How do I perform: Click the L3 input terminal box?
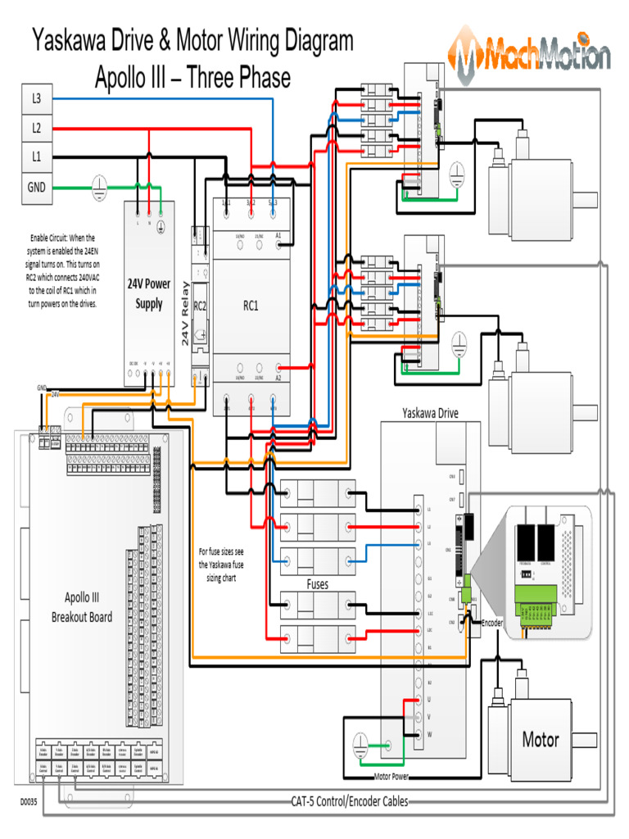pos(36,98)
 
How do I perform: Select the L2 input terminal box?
pos(36,128)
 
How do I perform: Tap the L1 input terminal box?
pos(36,156)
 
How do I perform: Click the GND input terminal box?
pos(36,187)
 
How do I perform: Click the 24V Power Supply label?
pos(148,294)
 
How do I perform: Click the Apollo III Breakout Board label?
pos(82,606)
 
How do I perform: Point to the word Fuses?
pos(318,584)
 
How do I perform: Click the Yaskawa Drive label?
pos(430,413)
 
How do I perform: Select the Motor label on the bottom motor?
pos(541,740)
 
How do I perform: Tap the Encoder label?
pos(492,623)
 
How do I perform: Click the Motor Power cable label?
pos(391,777)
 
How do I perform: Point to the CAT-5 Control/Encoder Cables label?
pos(349,801)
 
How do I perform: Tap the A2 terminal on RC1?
pos(278,377)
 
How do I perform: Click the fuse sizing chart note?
pos(221,565)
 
